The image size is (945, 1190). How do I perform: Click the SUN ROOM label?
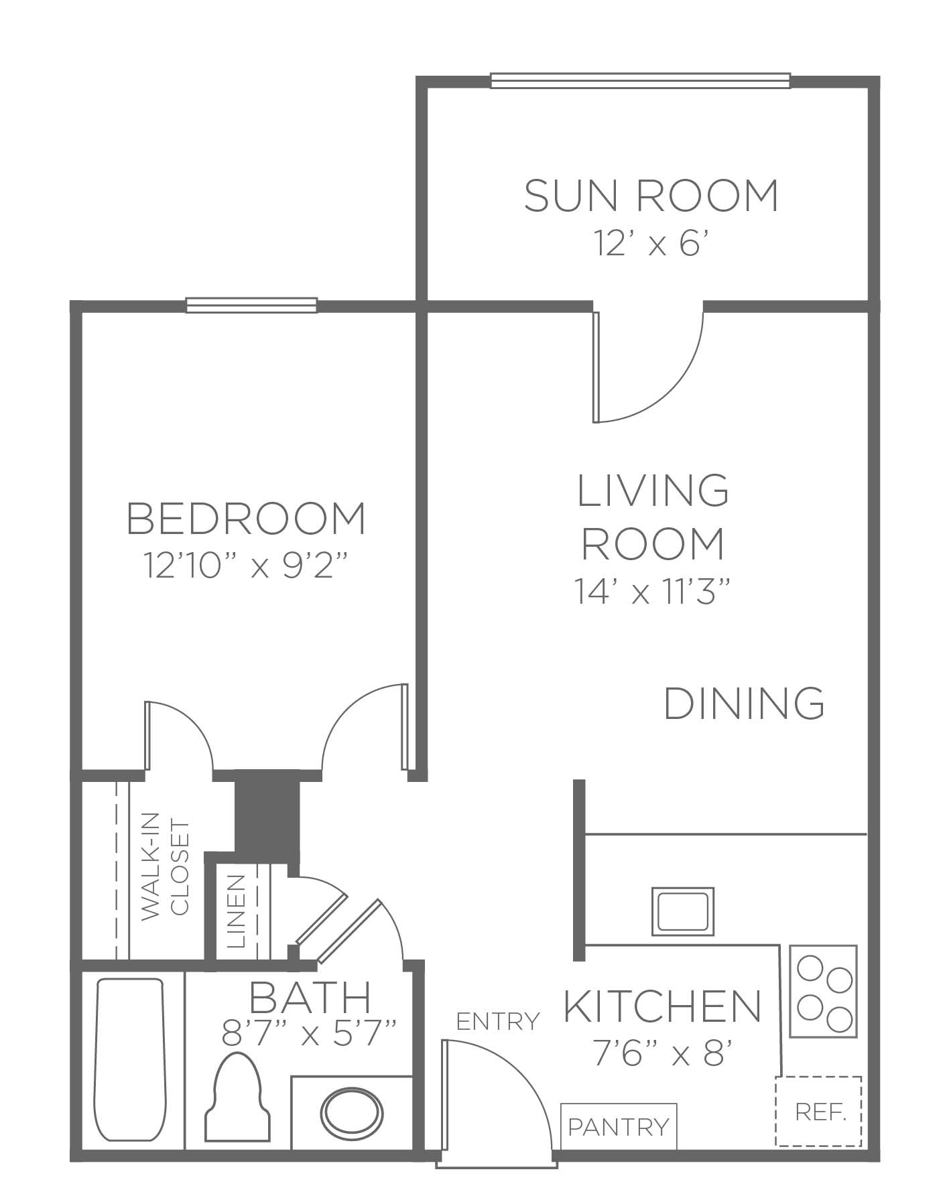point(651,196)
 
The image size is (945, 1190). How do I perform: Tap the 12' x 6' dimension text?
point(651,243)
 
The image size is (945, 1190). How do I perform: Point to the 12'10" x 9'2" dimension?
point(247,566)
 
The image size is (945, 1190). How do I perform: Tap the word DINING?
point(744,703)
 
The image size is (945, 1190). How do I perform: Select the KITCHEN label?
point(663,1006)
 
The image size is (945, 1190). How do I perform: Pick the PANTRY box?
point(619,1126)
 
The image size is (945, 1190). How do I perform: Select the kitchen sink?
point(683,911)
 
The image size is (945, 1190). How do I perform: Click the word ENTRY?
point(497,1021)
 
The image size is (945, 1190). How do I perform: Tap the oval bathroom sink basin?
point(351,1115)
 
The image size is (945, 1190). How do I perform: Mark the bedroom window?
point(251,306)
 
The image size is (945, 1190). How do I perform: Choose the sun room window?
point(640,80)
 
